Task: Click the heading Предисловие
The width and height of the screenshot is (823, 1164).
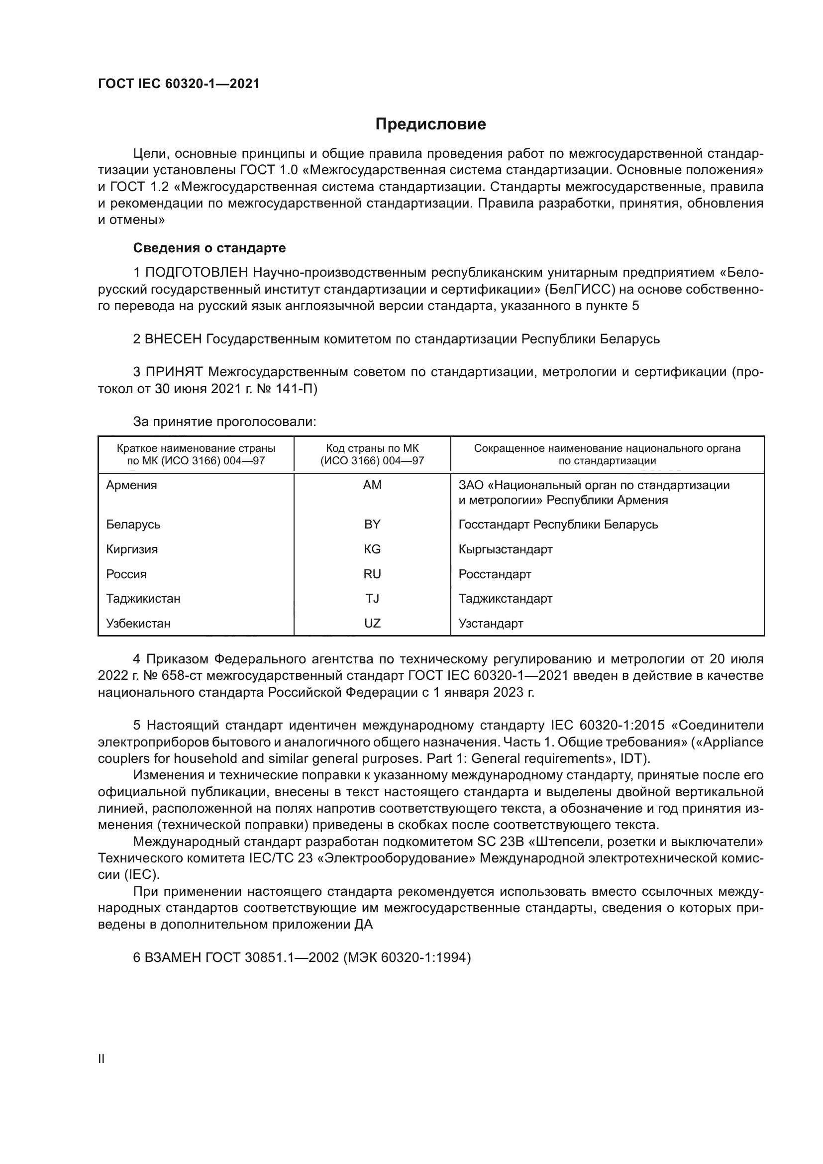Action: (x=430, y=124)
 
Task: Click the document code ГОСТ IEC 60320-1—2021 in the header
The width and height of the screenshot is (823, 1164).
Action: (x=179, y=84)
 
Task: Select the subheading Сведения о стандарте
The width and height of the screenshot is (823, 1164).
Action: (x=209, y=248)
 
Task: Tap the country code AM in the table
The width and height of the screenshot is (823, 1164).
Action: (x=372, y=485)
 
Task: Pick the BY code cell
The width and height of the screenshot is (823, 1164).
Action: (x=372, y=524)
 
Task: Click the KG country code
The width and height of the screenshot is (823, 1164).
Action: (x=372, y=549)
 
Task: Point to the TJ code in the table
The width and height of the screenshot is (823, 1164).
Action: (x=372, y=598)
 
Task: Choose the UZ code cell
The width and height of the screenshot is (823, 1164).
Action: (x=372, y=623)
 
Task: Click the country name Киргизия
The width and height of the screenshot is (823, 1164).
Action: (x=132, y=549)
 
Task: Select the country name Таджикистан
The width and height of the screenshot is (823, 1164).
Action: (x=143, y=598)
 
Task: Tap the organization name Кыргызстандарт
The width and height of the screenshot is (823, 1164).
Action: (x=505, y=549)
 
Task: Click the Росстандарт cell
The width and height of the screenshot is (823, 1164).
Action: (x=495, y=574)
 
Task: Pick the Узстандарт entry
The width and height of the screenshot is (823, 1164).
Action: (x=491, y=623)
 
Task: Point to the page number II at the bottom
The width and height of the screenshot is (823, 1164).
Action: (x=102, y=1058)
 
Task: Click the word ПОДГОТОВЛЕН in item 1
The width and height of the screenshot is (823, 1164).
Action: (x=197, y=273)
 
